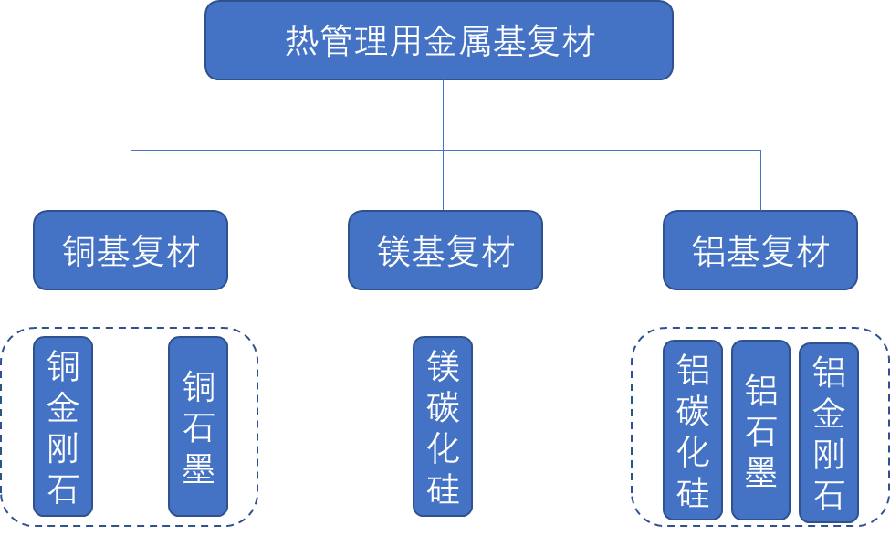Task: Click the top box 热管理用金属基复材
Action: (439, 40)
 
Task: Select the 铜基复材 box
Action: (131, 250)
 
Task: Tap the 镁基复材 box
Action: (445, 250)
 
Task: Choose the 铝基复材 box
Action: (760, 250)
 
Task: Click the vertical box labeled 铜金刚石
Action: (63, 426)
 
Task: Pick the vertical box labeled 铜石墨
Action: (198, 426)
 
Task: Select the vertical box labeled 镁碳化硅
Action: (443, 426)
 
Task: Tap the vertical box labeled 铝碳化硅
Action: (693, 430)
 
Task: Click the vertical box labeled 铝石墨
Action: (760, 430)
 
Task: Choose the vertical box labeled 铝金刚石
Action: (829, 433)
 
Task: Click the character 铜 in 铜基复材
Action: (80, 251)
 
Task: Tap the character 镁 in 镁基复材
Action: (395, 251)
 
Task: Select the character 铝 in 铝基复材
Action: (709, 251)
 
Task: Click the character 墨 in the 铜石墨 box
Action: (198, 468)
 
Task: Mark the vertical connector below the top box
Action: (444, 114)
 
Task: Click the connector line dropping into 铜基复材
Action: (131, 181)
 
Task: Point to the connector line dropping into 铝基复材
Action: (760, 181)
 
